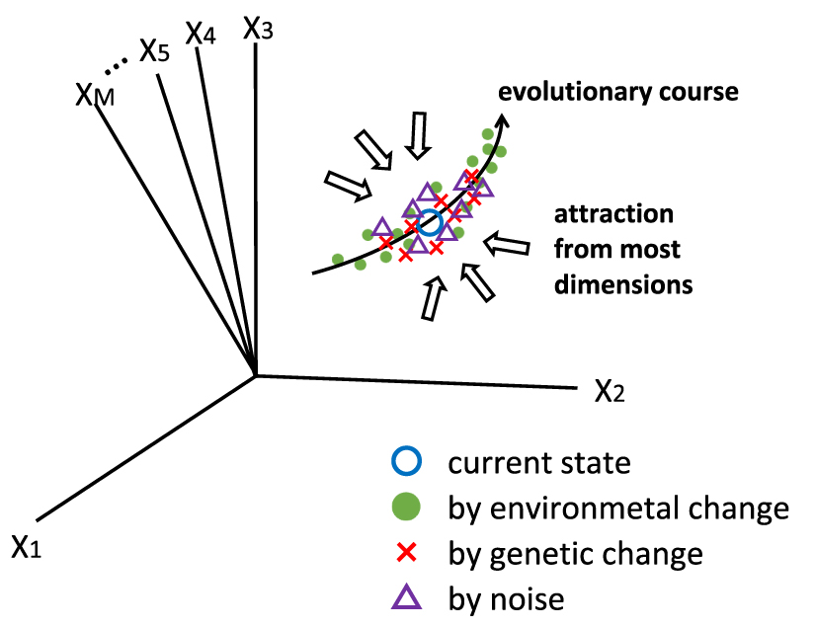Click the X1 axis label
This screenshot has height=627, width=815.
click(27, 545)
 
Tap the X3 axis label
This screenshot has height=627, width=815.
click(259, 28)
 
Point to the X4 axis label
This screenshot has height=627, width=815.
click(201, 35)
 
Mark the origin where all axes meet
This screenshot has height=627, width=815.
click(257, 374)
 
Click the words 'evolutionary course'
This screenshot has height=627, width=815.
click(618, 93)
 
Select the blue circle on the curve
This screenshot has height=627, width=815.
click(429, 222)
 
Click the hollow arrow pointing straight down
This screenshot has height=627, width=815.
click(420, 134)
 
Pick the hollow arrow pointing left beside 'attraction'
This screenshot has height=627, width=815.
click(508, 241)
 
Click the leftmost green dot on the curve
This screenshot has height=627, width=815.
click(338, 259)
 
